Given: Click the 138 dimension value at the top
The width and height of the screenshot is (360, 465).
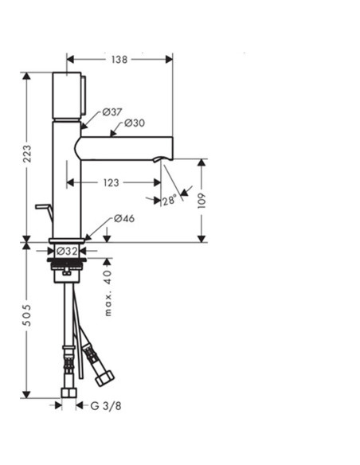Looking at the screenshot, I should (119, 59).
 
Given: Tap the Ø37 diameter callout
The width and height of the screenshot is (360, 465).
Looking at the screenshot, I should (112, 112).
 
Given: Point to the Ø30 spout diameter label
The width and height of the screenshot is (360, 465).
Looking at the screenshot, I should (134, 123).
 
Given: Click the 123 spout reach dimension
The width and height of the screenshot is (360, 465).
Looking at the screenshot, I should (111, 182).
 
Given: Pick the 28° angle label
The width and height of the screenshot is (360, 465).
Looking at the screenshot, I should (167, 201).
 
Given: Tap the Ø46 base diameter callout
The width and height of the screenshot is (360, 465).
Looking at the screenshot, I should (123, 218).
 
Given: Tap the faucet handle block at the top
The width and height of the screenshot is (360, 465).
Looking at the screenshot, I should (67, 96).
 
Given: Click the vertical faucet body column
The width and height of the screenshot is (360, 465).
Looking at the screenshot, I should (67, 179).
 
